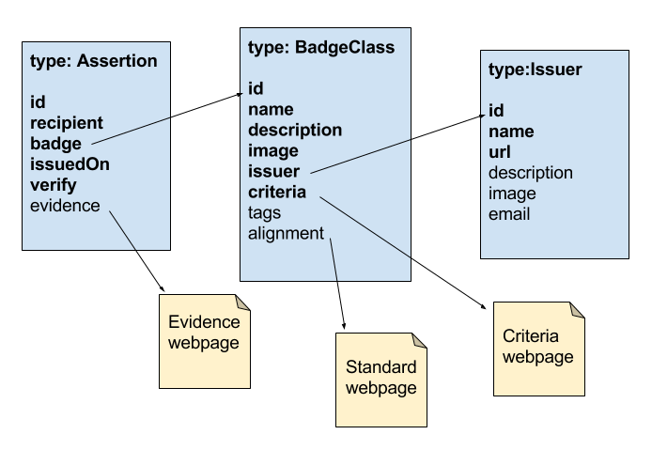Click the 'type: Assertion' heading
pyautogui.click(x=94, y=62)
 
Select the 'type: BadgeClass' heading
pyautogui.click(x=320, y=48)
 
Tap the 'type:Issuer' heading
pyautogui.click(x=536, y=70)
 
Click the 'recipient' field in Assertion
pyautogui.click(x=67, y=123)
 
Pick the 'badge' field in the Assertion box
pyautogui.click(x=56, y=144)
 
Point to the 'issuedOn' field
pyautogui.click(x=70, y=164)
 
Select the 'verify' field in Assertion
pyautogui.click(x=54, y=185)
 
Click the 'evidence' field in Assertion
pyautogui.click(x=65, y=205)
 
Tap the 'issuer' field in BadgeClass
pyautogui.click(x=273, y=171)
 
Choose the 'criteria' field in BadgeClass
pyautogui.click(x=277, y=192)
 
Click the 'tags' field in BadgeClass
pyautogui.click(x=265, y=212)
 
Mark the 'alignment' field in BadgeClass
pyautogui.click(x=286, y=233)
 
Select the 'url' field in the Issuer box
pyautogui.click(x=500, y=152)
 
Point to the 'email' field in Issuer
pyautogui.click(x=509, y=214)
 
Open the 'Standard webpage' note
pyautogui.click(x=381, y=378)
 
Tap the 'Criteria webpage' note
pyautogui.click(x=537, y=348)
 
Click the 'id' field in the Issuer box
pyautogui.click(x=497, y=111)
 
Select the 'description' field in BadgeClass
pyautogui.click(x=295, y=130)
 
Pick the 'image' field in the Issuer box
pyautogui.click(x=512, y=194)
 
